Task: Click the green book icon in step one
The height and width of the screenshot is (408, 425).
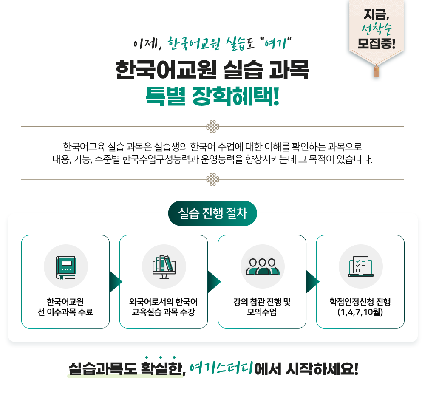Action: pos(66,266)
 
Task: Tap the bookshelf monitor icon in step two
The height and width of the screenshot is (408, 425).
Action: pos(164,266)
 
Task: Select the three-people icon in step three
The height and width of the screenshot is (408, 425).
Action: pos(262,266)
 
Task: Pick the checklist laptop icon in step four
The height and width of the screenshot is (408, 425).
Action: pos(360,266)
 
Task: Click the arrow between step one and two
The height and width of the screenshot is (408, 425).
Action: pos(115,282)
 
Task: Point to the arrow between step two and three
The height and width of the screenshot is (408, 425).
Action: pos(214,282)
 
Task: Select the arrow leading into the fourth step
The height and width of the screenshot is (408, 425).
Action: pos(312,282)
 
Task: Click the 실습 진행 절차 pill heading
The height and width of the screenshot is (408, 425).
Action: pos(212,213)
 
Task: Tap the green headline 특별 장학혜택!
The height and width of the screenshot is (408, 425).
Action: pos(212,96)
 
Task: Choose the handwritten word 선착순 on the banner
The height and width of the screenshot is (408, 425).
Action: pos(376,29)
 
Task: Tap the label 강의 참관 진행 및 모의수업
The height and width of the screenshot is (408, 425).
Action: pos(262,307)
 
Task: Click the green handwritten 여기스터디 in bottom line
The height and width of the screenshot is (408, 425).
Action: pos(221,368)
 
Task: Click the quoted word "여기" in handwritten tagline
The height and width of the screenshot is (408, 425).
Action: pos(277,43)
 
